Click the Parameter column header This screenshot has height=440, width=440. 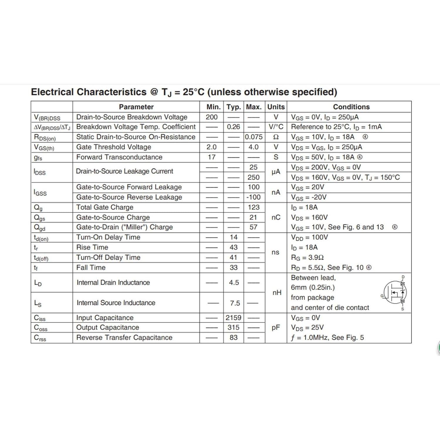[136, 107]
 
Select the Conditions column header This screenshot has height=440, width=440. [351, 107]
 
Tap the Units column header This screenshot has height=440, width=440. [276, 107]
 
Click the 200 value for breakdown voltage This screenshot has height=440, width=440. [211, 117]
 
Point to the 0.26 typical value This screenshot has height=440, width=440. [233, 127]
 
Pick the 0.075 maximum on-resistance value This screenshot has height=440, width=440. [254, 137]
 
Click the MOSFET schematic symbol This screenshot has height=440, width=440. [395, 292]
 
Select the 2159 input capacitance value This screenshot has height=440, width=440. [233, 318]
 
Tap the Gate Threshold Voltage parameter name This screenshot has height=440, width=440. [114, 147]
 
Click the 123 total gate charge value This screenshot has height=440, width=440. [253, 207]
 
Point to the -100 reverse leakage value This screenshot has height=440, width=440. [253, 197]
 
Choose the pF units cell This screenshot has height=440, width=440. [276, 327]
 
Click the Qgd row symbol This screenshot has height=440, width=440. [40, 228]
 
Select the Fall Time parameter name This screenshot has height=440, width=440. [91, 268]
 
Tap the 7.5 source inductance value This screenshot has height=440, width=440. [235, 303]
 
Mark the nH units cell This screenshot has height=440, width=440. [277, 292]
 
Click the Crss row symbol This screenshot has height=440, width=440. [40, 338]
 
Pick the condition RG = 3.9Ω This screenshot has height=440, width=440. [307, 258]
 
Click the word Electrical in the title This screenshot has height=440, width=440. [52, 92]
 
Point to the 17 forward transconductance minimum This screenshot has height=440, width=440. [211, 157]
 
